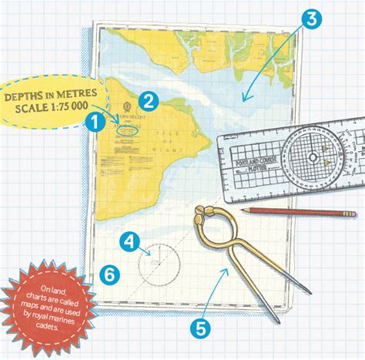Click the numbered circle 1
point(95,120)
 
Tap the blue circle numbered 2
point(149,98)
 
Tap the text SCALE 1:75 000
point(55,106)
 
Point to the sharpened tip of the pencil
point(241,209)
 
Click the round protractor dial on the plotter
point(313,156)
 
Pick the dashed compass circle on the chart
point(159,262)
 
